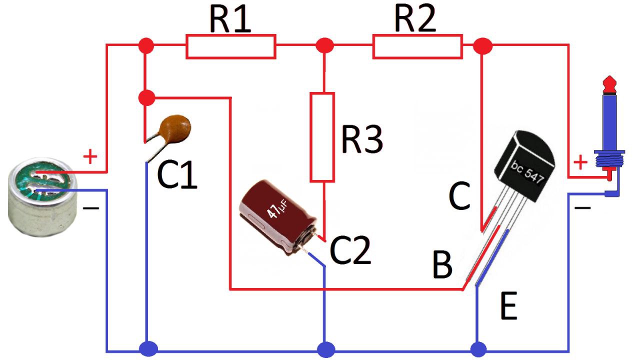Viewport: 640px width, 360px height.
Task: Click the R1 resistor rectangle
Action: [230, 46]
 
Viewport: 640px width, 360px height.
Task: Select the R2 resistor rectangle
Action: [417, 46]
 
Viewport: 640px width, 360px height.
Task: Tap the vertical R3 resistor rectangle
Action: [322, 136]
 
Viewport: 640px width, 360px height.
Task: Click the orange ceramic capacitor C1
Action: [174, 128]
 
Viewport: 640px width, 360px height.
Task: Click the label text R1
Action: [229, 19]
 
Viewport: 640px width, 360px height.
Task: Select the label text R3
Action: [362, 139]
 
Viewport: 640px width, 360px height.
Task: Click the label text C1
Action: [177, 175]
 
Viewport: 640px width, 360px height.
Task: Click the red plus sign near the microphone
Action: [90, 158]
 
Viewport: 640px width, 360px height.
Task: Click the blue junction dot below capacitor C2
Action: [325, 348]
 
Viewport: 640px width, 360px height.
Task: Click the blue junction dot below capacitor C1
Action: [147, 348]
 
